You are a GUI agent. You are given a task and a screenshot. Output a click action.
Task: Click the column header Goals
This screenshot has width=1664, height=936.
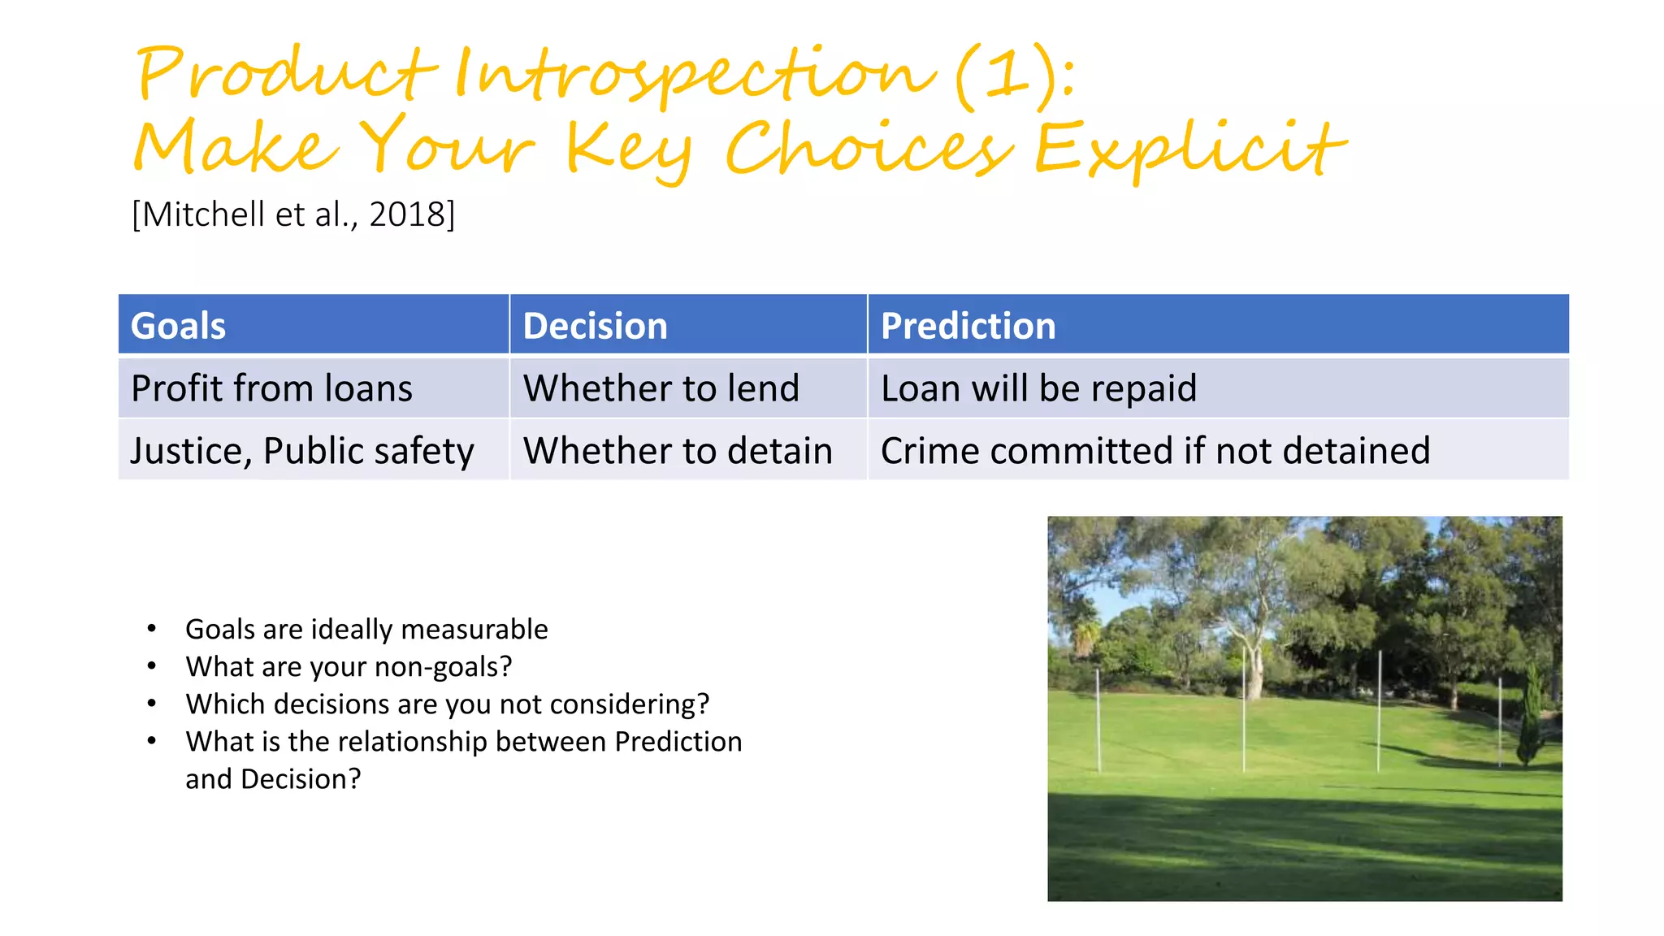(x=178, y=326)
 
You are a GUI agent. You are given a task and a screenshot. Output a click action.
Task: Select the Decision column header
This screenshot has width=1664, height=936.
(x=595, y=326)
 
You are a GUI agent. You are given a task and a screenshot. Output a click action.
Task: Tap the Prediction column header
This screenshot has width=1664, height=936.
(x=968, y=326)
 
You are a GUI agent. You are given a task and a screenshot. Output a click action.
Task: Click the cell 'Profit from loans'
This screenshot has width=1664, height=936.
(x=271, y=388)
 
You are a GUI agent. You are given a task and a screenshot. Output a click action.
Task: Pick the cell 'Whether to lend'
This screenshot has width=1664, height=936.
(x=661, y=388)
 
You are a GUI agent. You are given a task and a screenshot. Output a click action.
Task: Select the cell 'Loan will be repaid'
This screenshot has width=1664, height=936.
(x=1038, y=388)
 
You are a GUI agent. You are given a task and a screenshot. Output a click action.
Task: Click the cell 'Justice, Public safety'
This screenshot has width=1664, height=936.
(x=301, y=451)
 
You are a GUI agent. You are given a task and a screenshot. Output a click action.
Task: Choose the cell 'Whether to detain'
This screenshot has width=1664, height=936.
(x=678, y=451)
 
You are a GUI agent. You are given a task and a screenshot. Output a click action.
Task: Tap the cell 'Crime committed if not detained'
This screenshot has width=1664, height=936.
(x=1155, y=451)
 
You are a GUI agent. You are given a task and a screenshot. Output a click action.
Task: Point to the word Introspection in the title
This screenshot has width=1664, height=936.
(x=695, y=75)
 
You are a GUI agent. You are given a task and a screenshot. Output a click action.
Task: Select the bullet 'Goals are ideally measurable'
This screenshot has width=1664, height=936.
(x=366, y=630)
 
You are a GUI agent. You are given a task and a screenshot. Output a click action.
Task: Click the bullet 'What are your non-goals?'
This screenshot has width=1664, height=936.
(x=349, y=667)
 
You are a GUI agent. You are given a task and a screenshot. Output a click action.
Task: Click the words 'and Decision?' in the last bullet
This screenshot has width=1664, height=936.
(x=273, y=779)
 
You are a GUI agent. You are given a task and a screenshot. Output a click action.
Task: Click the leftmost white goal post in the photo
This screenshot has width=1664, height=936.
(x=1098, y=719)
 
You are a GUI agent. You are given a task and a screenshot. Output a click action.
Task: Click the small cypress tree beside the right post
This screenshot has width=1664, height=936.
(x=1532, y=715)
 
